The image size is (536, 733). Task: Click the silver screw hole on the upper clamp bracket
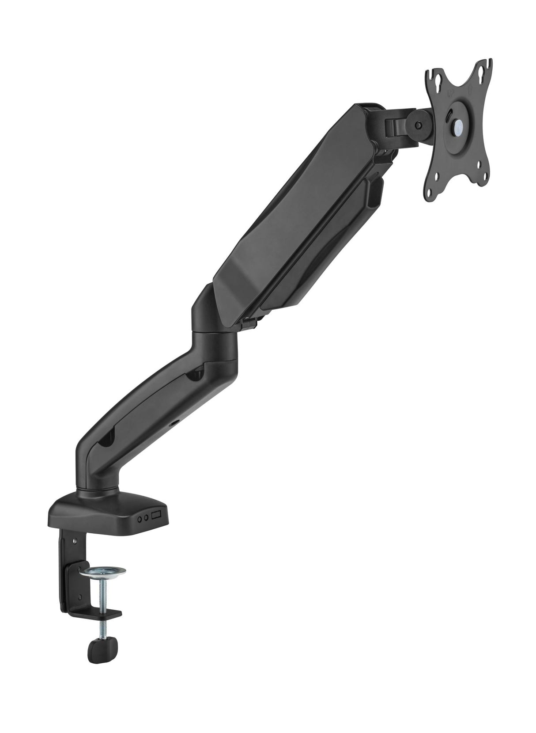tap(75, 540)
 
